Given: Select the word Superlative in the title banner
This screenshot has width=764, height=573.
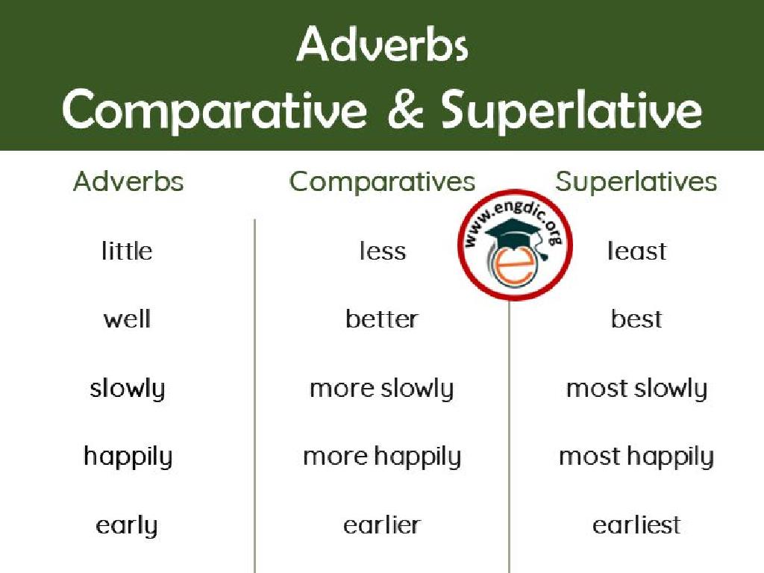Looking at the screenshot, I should click(572, 111).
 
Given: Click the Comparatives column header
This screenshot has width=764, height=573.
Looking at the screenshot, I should click(382, 181).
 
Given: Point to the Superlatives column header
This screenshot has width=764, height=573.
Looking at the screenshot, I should click(636, 181).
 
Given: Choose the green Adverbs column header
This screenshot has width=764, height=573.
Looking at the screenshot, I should click(128, 181).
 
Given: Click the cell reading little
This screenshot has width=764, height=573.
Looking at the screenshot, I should click(127, 251).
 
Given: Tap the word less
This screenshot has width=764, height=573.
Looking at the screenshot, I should click(382, 251).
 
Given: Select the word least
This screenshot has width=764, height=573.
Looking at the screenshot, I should click(636, 251).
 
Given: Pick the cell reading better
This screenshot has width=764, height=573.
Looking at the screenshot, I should click(382, 319).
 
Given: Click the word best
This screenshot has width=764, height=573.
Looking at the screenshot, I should click(636, 319).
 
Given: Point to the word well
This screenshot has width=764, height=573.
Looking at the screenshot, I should click(127, 319).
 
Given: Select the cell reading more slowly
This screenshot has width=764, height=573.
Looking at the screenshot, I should click(382, 389).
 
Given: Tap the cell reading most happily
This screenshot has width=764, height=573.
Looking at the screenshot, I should click(636, 457).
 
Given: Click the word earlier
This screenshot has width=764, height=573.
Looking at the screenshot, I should click(382, 525).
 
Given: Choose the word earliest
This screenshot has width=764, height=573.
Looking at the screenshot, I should click(636, 525).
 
